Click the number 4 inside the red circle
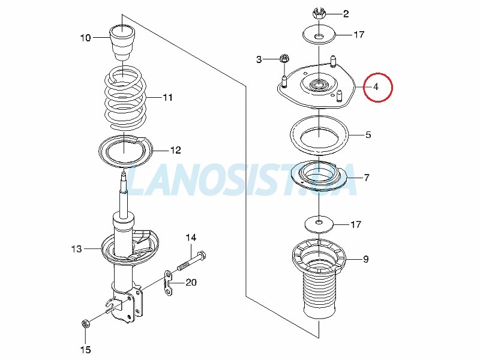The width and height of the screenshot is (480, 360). (376, 87)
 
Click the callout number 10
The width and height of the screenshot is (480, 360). (86, 38)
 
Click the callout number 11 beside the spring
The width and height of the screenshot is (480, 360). (167, 97)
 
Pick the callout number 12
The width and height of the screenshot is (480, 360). (175, 150)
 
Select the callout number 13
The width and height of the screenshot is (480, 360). (77, 249)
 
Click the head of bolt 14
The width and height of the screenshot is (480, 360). (201, 254)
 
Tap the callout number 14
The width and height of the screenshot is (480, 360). (191, 238)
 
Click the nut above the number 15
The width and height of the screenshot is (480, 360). (85, 323)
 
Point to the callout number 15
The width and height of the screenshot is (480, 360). (85, 349)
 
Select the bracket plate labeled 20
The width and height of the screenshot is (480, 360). (168, 283)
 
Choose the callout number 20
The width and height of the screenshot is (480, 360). (191, 282)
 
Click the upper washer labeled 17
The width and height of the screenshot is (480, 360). (319, 35)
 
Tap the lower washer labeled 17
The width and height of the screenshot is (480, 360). (319, 224)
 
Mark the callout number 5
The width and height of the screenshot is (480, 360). (368, 134)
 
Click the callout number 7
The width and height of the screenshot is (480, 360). (367, 178)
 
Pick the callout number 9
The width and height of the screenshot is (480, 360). (366, 259)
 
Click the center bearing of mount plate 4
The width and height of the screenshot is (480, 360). (319, 84)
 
